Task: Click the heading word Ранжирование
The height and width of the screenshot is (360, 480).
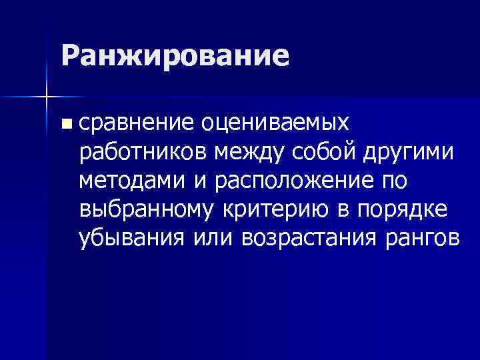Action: coord(175,56)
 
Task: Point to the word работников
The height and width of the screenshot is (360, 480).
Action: coord(144,153)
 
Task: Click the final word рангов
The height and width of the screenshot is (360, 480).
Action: coord(420,238)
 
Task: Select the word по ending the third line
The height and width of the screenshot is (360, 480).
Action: coord(395,181)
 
